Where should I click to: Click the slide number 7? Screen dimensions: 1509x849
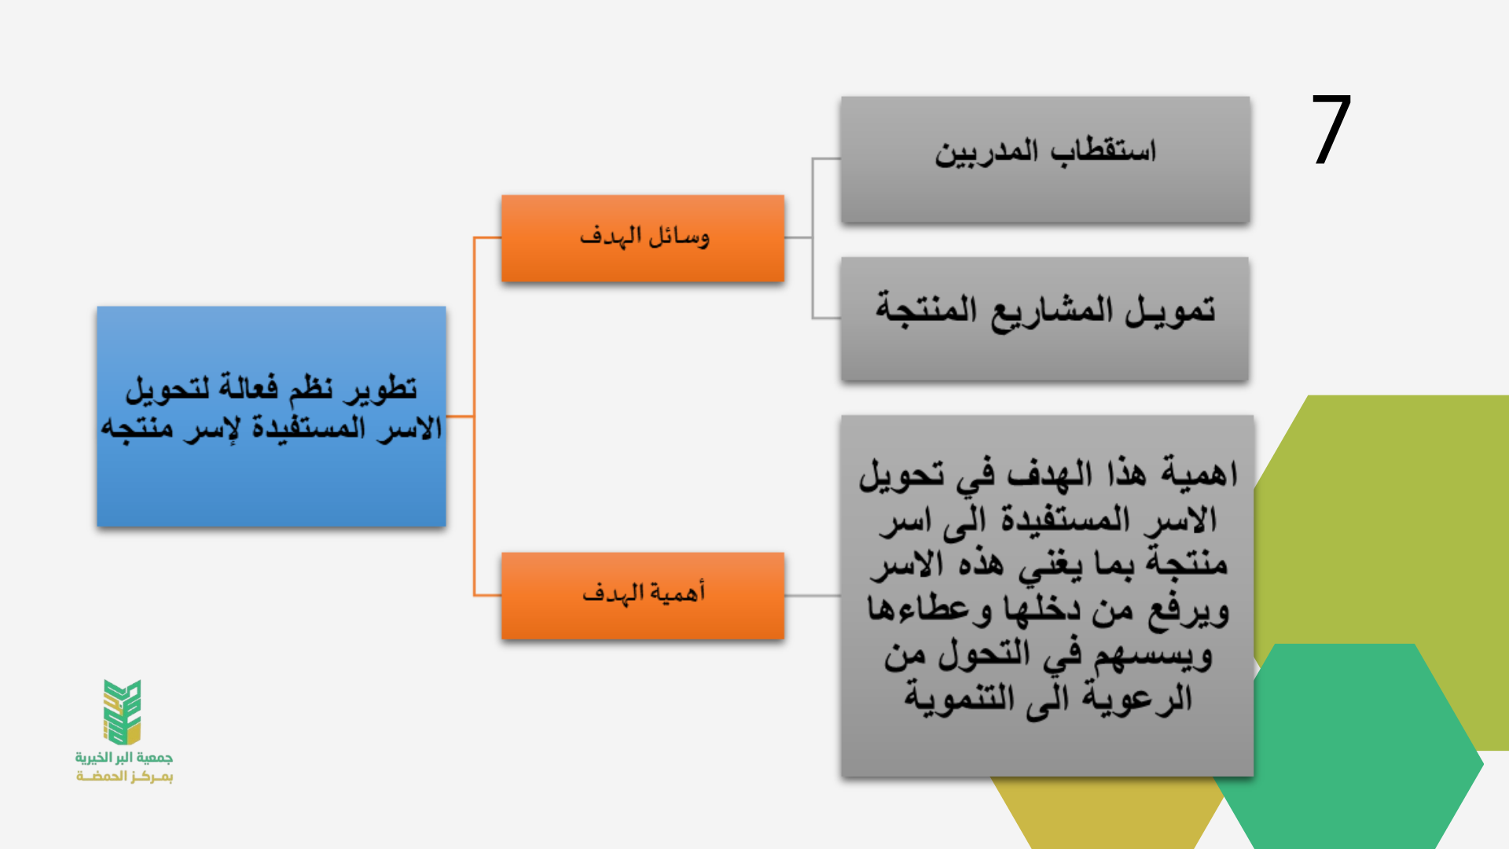[x=1331, y=130]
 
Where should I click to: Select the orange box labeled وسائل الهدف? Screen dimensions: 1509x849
[x=643, y=238]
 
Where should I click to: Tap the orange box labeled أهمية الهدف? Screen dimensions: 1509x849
[x=643, y=596]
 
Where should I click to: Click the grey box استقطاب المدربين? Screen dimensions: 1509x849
[x=1045, y=160]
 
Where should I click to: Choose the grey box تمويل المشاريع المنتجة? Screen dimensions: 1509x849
[x=1045, y=319]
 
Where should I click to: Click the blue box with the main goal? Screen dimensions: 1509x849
[x=271, y=416]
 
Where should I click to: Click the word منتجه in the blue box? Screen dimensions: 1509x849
[x=137, y=429]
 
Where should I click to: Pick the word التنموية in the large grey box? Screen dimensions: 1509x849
[x=960, y=698]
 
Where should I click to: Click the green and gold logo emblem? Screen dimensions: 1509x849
[x=123, y=712]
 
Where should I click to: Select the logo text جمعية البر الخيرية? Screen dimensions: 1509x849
[x=124, y=758]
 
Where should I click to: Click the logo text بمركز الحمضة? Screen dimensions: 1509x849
[x=124, y=777]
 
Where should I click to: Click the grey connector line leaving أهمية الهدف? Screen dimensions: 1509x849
[x=813, y=596]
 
